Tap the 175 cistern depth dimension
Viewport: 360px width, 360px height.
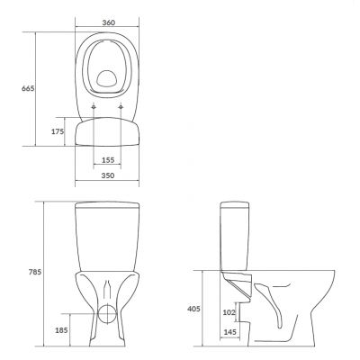click(x=58, y=131)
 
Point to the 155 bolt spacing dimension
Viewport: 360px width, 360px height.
click(x=108, y=159)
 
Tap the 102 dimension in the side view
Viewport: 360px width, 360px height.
click(x=228, y=313)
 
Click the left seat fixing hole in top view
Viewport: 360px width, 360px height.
click(x=94, y=110)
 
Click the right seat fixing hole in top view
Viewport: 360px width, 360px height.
click(x=121, y=110)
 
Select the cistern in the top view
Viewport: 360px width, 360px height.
click(x=108, y=131)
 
